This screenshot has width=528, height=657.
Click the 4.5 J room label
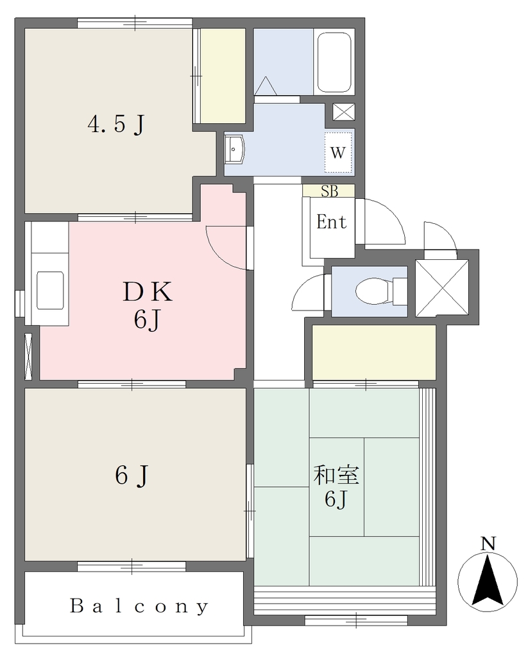click(x=116, y=124)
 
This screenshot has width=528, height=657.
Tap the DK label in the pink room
click(x=148, y=292)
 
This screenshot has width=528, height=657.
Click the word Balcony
click(x=139, y=606)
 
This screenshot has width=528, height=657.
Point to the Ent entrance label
click(x=332, y=221)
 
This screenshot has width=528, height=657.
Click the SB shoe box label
click(x=329, y=191)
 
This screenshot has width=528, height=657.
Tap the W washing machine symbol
click(x=338, y=153)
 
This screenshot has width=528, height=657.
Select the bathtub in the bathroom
click(x=334, y=62)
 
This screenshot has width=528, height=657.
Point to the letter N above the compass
click(x=488, y=544)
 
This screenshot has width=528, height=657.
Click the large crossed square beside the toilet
click(x=442, y=288)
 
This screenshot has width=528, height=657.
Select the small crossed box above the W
click(x=344, y=112)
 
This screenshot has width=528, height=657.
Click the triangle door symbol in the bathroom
click(x=266, y=85)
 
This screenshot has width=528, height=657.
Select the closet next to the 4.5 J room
click(x=223, y=76)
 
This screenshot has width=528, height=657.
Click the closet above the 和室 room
click(x=374, y=352)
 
